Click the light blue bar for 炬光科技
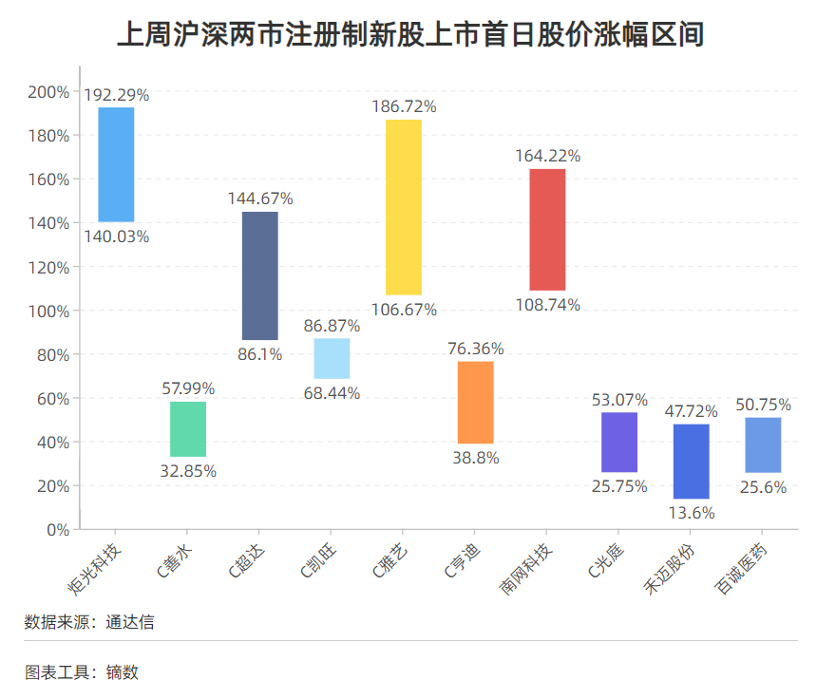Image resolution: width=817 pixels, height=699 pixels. coord(116,164)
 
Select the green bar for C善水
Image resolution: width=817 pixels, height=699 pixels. coord(188,429)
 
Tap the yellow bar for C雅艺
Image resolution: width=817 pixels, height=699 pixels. coord(404,207)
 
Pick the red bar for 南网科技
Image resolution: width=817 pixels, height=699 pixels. coord(547,229)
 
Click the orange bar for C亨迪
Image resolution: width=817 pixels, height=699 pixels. coord(475,403)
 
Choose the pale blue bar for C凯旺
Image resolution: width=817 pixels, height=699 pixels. coord(332,359)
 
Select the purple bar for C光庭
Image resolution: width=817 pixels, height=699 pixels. coord(619,442)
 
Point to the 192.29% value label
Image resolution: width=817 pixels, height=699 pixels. coord(116,95)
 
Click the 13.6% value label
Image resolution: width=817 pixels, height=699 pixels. coord(692,513)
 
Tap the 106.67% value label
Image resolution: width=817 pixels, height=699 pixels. coord(404,310)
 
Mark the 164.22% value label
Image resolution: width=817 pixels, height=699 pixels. coord(547,156)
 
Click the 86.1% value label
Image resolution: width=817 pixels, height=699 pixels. coord(260,354)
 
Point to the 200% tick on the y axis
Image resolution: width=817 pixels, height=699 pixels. coord(48,92)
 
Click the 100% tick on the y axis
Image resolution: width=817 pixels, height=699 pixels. coord(48,311)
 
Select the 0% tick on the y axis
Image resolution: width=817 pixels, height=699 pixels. coord(57,529)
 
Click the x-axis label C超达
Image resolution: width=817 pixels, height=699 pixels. coord(246,561)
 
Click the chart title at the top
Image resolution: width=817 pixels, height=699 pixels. coord(409,36)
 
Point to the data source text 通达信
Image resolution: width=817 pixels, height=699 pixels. coord(129,623)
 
